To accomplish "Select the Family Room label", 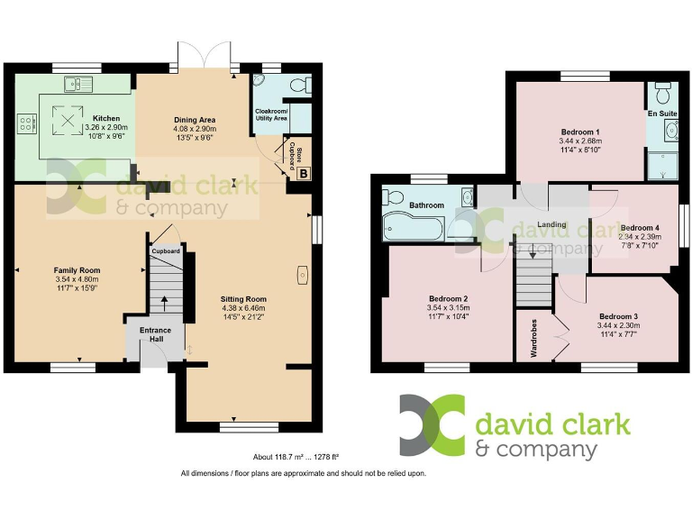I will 77,270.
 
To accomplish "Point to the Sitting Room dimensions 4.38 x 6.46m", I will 244,309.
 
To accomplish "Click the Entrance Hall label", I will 156,335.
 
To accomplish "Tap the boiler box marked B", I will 303,174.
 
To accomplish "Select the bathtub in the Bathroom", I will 414,228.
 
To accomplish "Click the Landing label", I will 551,224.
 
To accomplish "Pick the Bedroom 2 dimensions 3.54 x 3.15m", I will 448,308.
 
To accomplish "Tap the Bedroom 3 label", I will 617,316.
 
